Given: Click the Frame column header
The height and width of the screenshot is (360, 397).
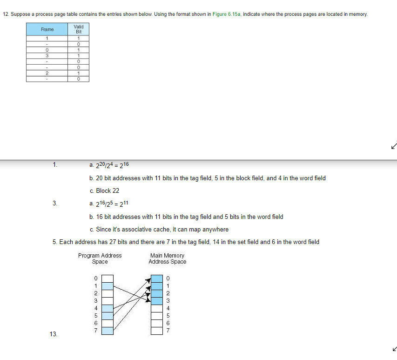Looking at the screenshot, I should tap(47, 29).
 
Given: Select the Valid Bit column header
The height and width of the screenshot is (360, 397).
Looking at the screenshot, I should tap(79, 29).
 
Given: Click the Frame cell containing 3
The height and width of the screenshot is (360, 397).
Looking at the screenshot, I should tap(47, 55).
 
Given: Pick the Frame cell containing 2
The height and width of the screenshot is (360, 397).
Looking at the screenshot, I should tap(47, 73).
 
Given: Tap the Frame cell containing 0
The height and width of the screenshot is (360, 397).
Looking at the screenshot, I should tap(47, 49).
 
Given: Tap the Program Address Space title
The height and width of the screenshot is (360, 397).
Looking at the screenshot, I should tap(100, 258).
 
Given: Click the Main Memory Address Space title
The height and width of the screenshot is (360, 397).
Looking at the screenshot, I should tap(167, 258).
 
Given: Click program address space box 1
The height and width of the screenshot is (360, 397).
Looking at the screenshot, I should tap(108, 285).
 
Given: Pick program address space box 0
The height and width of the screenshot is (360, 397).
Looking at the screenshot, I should tap(108, 278).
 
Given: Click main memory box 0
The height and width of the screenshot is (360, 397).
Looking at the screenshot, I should tap(157, 278).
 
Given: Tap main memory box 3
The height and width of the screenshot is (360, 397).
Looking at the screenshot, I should tap(157, 301).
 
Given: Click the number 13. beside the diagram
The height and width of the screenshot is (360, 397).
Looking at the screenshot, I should tap(53, 334).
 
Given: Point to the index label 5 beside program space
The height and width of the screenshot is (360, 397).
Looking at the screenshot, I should tap(95, 316).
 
